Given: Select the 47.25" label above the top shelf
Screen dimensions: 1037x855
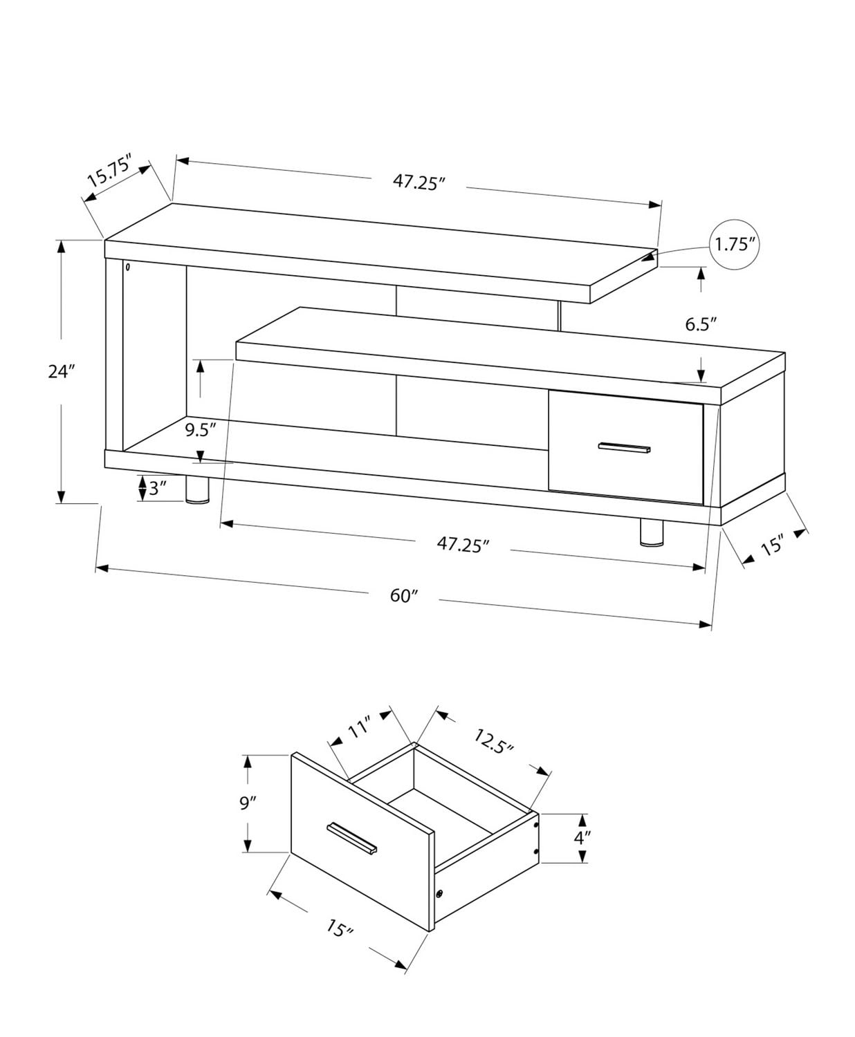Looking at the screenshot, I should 419,182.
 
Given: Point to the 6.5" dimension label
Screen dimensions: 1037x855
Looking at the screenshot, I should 701,324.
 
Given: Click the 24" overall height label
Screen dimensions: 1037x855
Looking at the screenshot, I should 61,371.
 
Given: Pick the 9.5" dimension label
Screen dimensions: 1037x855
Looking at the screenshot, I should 201,429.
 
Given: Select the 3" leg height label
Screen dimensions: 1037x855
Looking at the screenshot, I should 158,489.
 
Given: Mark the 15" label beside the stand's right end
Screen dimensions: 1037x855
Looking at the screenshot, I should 771,546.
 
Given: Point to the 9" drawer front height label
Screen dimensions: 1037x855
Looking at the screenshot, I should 248,803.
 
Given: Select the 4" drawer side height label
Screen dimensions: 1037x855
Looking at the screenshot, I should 582,838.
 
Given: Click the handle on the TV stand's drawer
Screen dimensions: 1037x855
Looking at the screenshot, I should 625,447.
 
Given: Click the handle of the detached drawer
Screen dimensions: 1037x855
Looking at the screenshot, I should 352,838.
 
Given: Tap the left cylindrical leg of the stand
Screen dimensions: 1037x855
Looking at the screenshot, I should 198,489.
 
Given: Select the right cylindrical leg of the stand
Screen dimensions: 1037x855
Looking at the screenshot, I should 651,533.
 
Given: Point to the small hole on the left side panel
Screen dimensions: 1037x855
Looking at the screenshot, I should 128,266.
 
